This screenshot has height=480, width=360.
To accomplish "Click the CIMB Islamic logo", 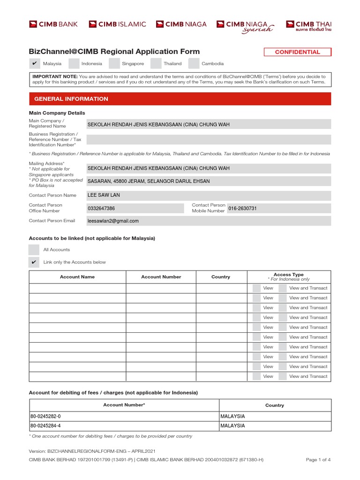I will click(x=117, y=24).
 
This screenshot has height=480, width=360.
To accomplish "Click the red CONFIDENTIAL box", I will click(x=297, y=52).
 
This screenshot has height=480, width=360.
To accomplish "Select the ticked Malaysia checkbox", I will click(x=34, y=64).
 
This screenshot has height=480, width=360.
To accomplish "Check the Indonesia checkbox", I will click(x=74, y=64).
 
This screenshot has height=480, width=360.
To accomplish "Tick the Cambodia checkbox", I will click(x=194, y=64).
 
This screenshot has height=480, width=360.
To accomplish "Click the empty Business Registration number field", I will click(x=209, y=140).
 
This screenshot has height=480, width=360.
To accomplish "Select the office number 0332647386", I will click(x=101, y=208).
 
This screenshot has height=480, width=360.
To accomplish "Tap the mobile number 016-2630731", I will click(x=242, y=208).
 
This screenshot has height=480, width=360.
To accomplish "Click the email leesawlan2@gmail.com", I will click(x=113, y=221).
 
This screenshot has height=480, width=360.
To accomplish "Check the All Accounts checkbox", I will click(x=34, y=250).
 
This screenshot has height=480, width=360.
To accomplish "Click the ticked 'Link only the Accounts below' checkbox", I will click(x=34, y=262).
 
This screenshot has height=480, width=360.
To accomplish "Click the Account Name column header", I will click(x=77, y=277).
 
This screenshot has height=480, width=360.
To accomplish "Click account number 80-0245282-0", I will click(x=45, y=416).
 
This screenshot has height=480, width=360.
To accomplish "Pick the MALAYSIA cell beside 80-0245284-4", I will click(x=232, y=426).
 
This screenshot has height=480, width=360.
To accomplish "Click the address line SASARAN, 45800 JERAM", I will click(x=149, y=181).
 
